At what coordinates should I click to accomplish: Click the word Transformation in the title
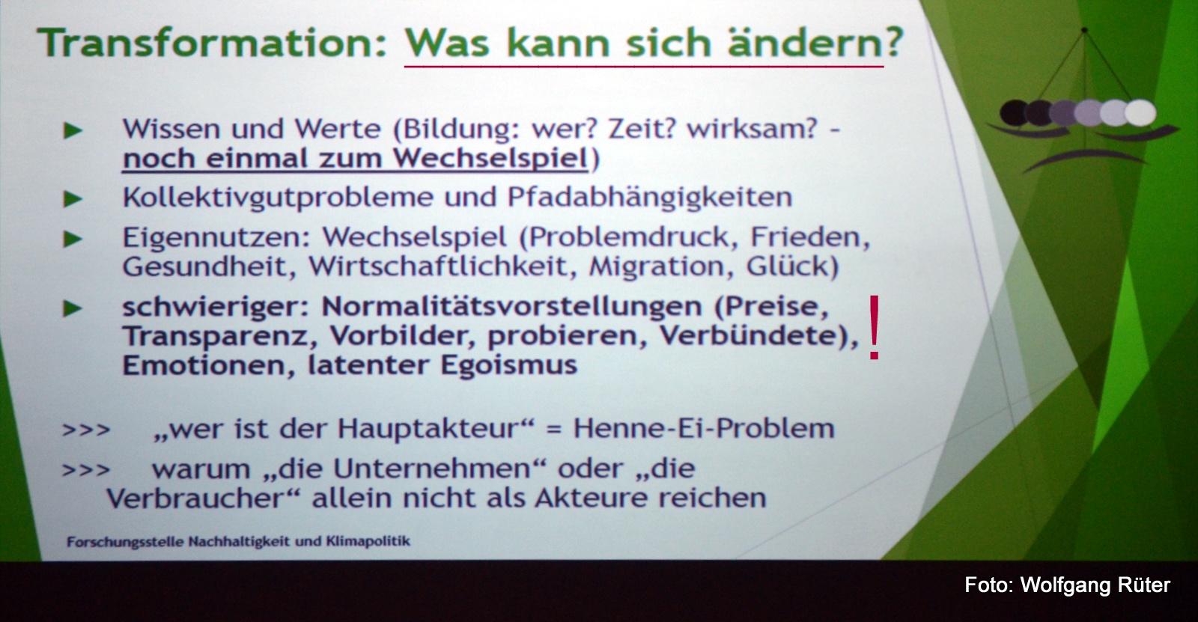pos(210,42)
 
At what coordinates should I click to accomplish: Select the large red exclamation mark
pos(874,327)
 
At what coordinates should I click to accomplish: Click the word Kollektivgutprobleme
pos(278,198)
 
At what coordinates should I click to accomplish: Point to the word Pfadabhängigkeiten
pos(649,198)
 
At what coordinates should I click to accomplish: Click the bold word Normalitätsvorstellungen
pos(511,306)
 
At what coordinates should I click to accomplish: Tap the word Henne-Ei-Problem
pos(704,428)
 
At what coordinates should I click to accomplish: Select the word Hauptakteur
pos(428,429)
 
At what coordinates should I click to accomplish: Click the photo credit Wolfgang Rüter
pos(1095,585)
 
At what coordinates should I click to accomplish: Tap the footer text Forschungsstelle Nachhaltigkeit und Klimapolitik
pos(239,542)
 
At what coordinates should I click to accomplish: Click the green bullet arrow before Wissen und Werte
pos(73,130)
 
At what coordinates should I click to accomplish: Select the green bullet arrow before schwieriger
pos(73,308)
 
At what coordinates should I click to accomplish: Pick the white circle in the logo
pos(1141,113)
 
